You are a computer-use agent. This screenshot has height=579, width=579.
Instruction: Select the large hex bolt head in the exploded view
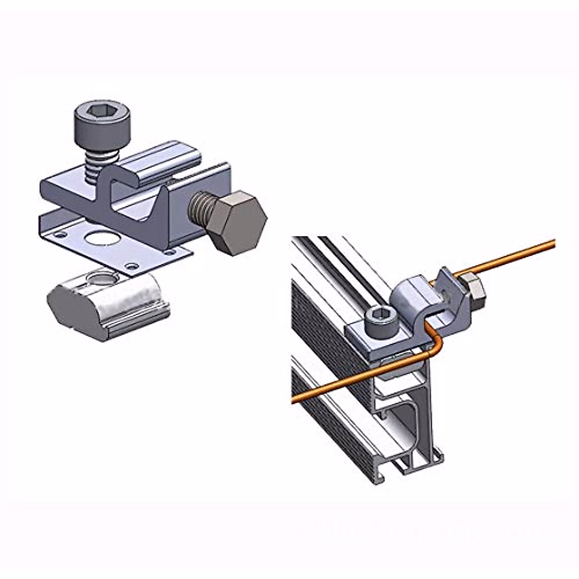[238, 222]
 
